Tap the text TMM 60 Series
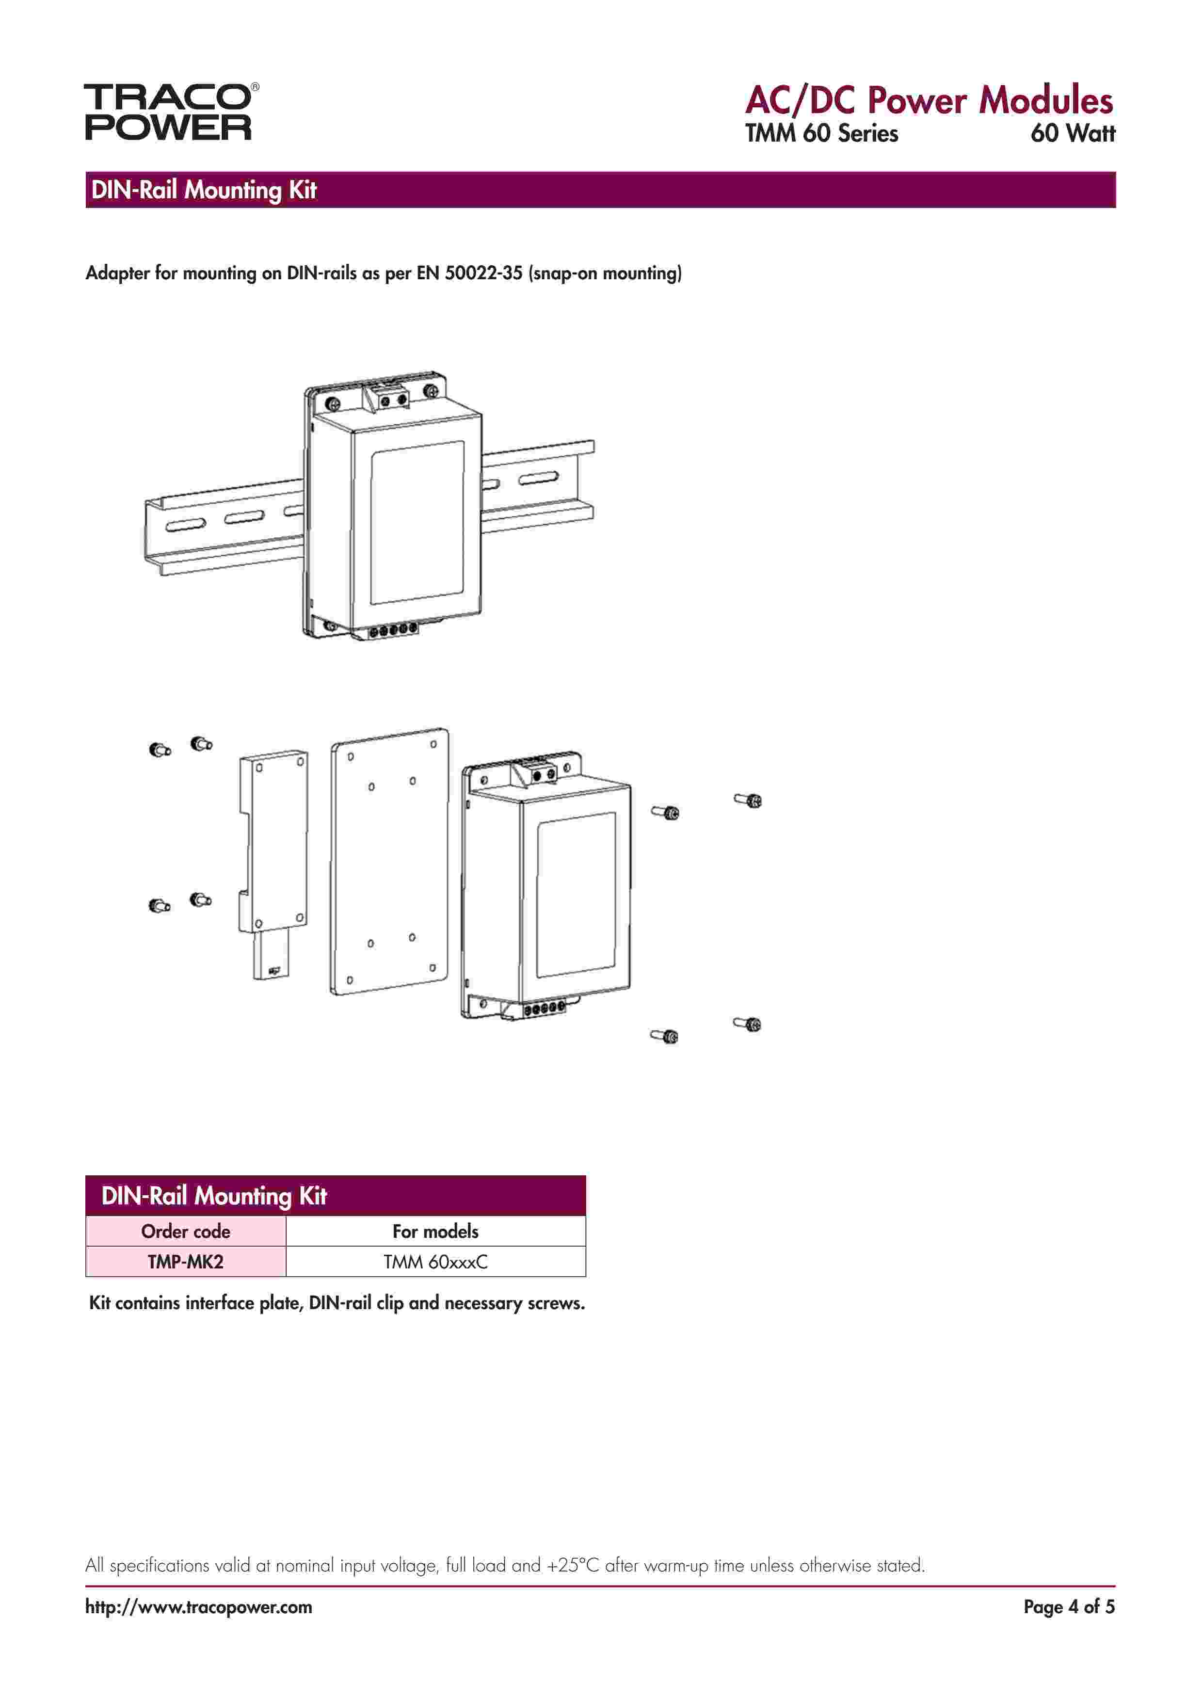[x=821, y=134]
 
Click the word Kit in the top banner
[x=302, y=191]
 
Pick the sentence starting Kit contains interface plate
[x=337, y=1303]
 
